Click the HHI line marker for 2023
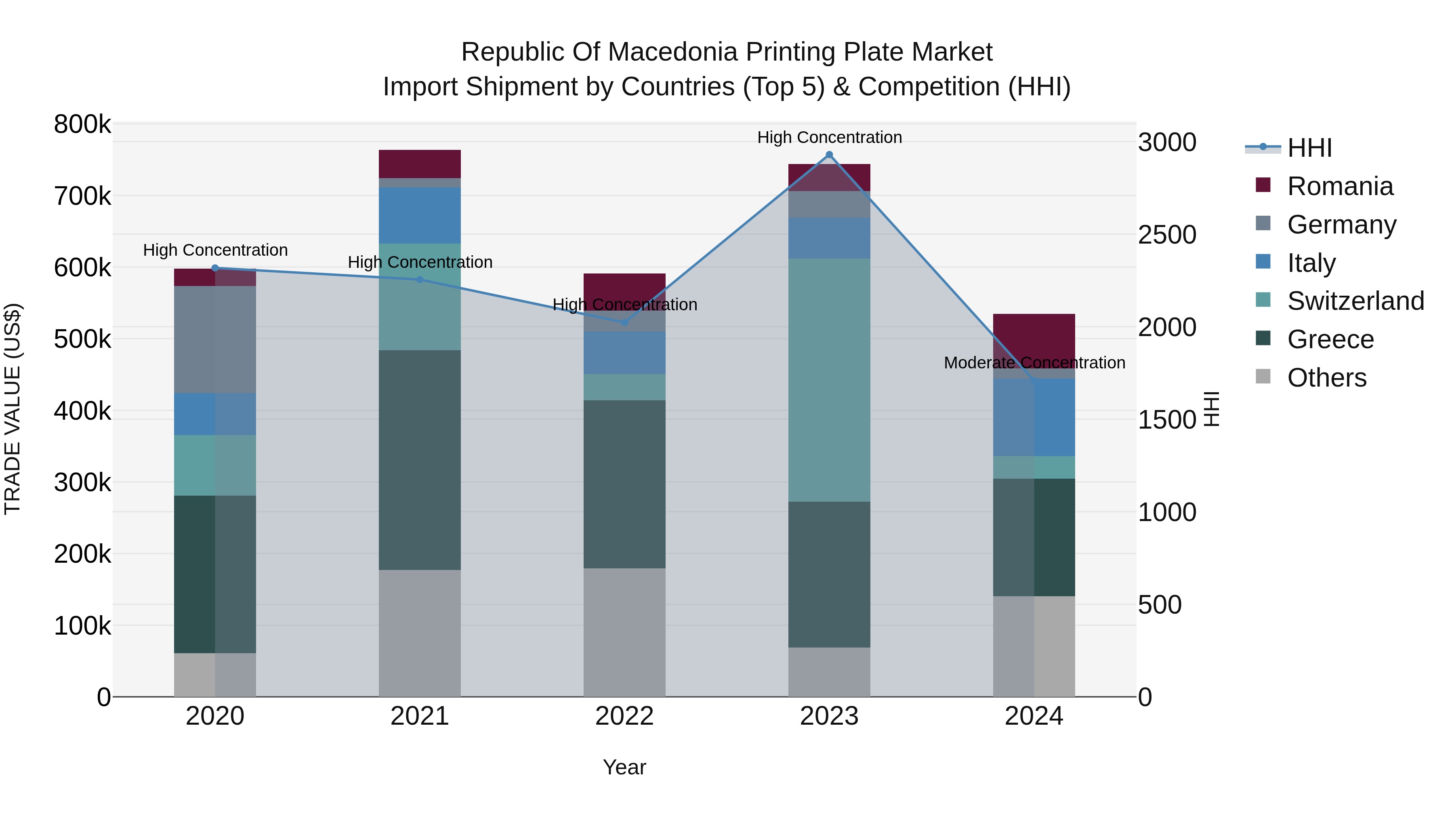829,155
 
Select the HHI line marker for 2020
215,268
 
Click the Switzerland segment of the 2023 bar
829,380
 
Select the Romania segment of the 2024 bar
1034,339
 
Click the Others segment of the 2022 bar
624,632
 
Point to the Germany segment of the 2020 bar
215,339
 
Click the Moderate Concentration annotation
1034,363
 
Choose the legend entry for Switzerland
1355,301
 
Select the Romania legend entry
1339,186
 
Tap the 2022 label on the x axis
624,716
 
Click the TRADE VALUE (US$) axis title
13,409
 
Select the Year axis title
624,767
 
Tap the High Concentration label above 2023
829,137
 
